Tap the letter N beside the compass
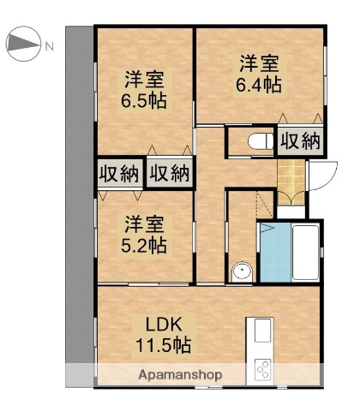click(x=50, y=45)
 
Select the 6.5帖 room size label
click(x=144, y=99)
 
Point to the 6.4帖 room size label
click(x=260, y=86)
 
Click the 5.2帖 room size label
click(x=143, y=244)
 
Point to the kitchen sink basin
click(x=260, y=331)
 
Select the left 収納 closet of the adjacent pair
click(x=118, y=173)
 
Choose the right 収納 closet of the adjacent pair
click(x=169, y=173)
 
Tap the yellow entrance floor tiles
click(x=292, y=177)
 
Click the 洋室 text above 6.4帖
click(x=260, y=63)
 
